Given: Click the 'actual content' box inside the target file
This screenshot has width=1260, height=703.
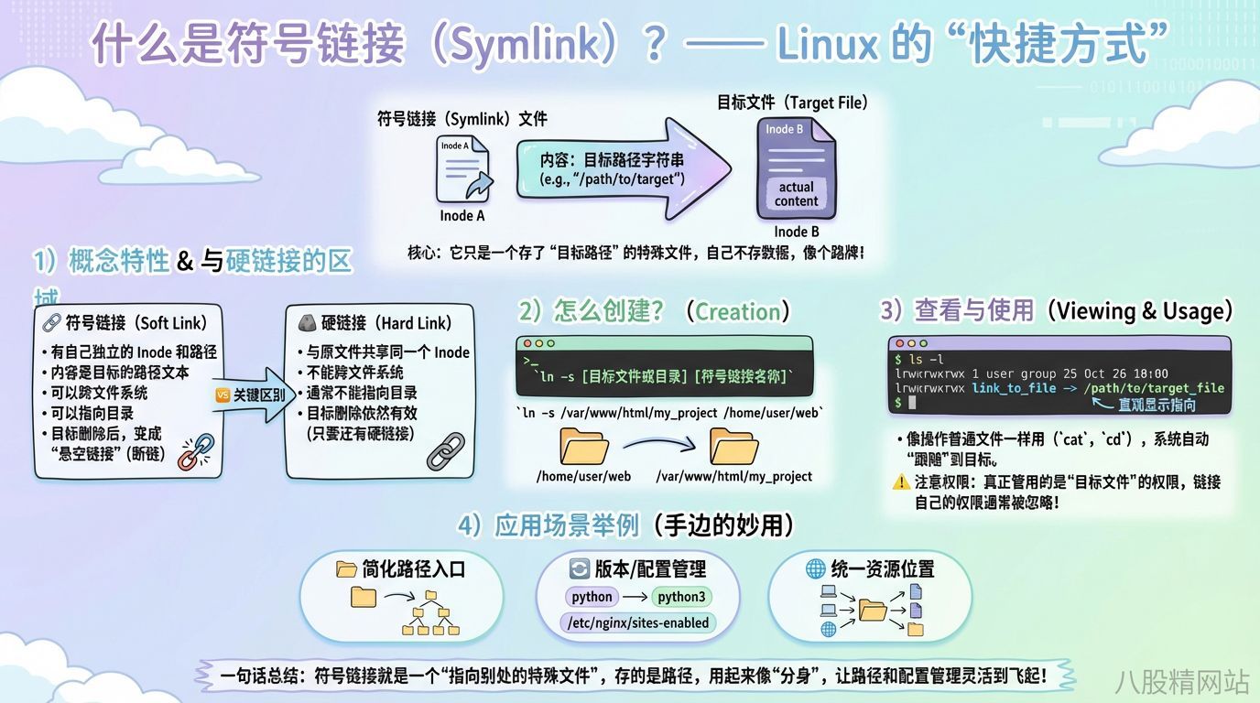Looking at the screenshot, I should point(796,193).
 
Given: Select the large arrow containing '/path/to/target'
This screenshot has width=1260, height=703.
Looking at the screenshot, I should point(623,168).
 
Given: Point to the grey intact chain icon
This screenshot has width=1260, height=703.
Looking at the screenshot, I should point(446,451).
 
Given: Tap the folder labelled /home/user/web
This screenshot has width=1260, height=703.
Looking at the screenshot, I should point(583,446).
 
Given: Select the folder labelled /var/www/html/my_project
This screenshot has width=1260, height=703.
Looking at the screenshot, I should point(733,446).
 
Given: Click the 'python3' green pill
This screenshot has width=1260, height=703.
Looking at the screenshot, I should point(682,597).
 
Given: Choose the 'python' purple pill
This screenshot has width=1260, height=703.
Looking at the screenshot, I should point(592,597).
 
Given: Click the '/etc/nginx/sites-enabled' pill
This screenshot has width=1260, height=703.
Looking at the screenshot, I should point(639,622).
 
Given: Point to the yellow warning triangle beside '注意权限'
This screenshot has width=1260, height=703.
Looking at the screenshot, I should point(901,481).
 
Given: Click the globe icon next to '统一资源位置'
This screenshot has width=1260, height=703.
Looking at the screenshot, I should point(815,568).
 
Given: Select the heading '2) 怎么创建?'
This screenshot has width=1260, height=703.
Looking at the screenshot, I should point(592,311).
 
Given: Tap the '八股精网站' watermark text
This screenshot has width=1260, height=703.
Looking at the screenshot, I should point(1183,680).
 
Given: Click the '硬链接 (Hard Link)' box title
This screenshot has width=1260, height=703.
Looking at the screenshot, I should point(385,323).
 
